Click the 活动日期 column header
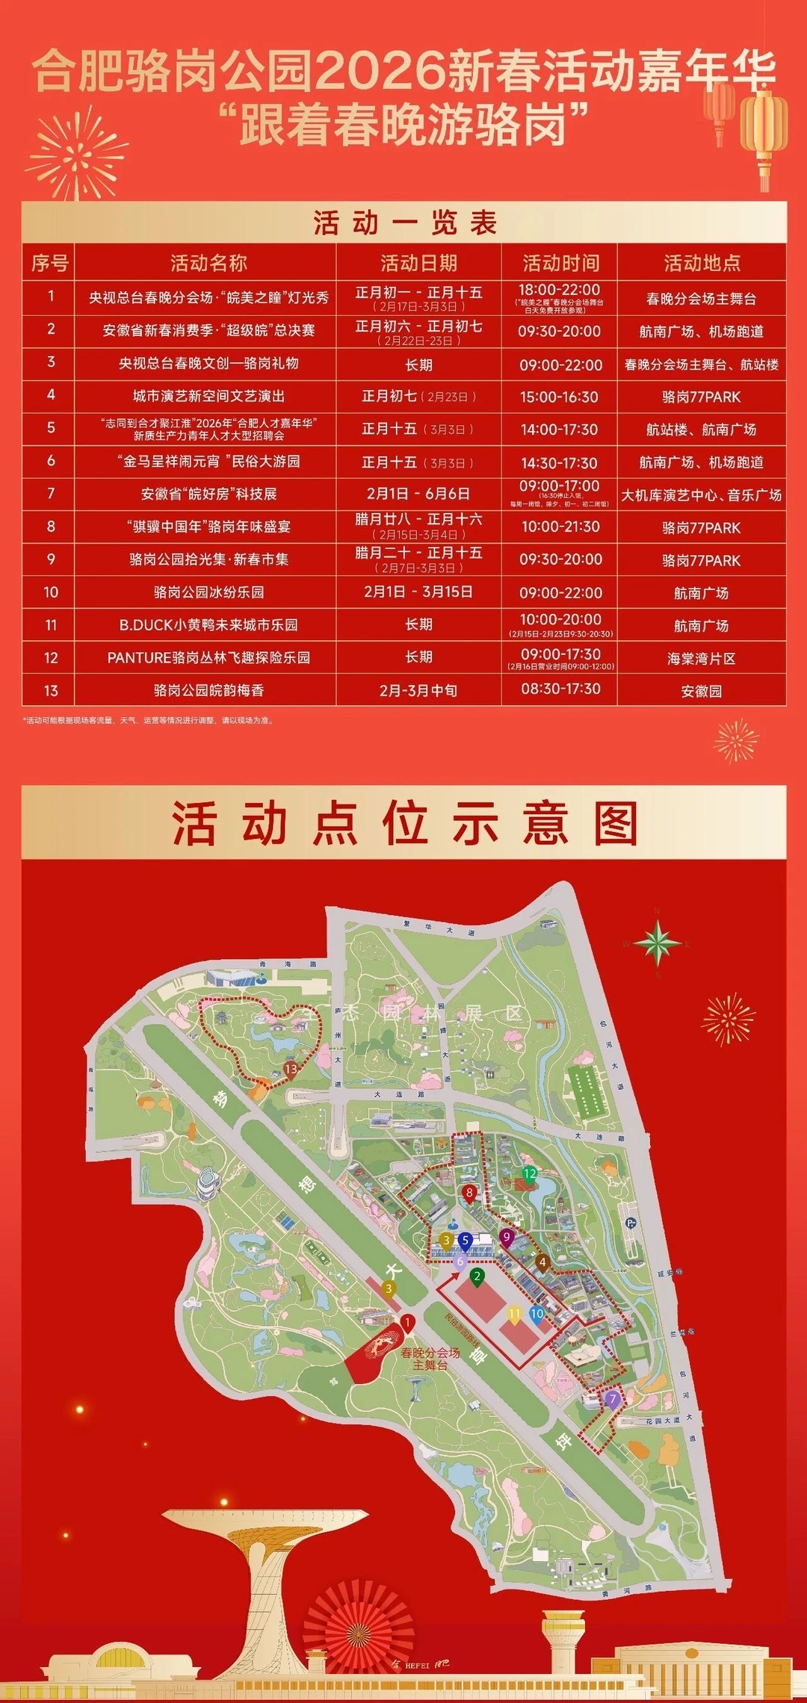click(x=418, y=263)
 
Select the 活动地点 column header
click(x=702, y=263)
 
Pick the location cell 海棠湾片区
click(x=701, y=658)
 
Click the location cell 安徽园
click(x=701, y=691)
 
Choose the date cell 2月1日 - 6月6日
click(x=418, y=494)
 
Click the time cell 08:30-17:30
click(x=560, y=689)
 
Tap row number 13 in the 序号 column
click(x=51, y=691)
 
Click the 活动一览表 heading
click(x=404, y=223)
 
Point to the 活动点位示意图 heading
click(x=404, y=823)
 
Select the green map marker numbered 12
click(x=530, y=1174)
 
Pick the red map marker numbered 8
click(x=469, y=1193)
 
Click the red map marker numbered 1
click(x=408, y=1323)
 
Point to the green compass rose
click(x=658, y=943)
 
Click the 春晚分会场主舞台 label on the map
click(x=430, y=1359)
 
